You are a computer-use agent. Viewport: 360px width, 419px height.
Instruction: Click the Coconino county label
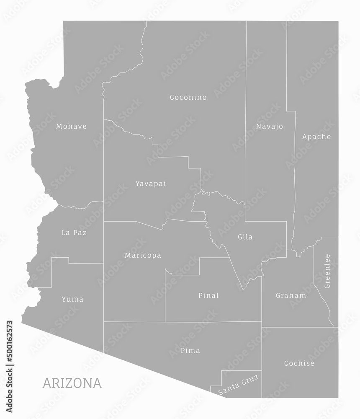(188, 98)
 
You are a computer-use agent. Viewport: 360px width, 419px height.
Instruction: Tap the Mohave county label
(71, 126)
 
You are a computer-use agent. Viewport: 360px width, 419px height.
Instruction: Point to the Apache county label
(316, 137)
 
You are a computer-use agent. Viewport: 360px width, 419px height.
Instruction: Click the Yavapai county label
(151, 184)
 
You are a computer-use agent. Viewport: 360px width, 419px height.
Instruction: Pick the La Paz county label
(74, 233)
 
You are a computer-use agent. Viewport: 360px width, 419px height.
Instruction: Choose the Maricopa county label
(143, 255)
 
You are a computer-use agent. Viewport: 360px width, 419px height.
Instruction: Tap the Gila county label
(245, 237)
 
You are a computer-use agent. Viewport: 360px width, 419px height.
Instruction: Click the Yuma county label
(72, 299)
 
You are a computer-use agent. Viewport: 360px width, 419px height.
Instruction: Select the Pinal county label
(208, 295)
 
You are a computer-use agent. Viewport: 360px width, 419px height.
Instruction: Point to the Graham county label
(291, 295)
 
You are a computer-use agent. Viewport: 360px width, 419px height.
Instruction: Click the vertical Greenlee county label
(327, 271)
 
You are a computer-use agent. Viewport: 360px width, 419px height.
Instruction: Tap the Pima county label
(190, 350)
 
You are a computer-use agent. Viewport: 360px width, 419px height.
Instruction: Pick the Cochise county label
(299, 363)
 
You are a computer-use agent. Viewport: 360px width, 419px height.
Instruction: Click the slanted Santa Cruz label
(239, 385)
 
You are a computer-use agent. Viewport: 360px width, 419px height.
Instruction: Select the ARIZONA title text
(72, 383)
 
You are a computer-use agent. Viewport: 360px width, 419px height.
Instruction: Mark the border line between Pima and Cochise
(262, 360)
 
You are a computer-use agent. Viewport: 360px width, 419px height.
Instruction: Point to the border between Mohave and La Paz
(80, 207)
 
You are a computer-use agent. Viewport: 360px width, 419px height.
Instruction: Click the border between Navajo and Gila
(266, 221)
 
